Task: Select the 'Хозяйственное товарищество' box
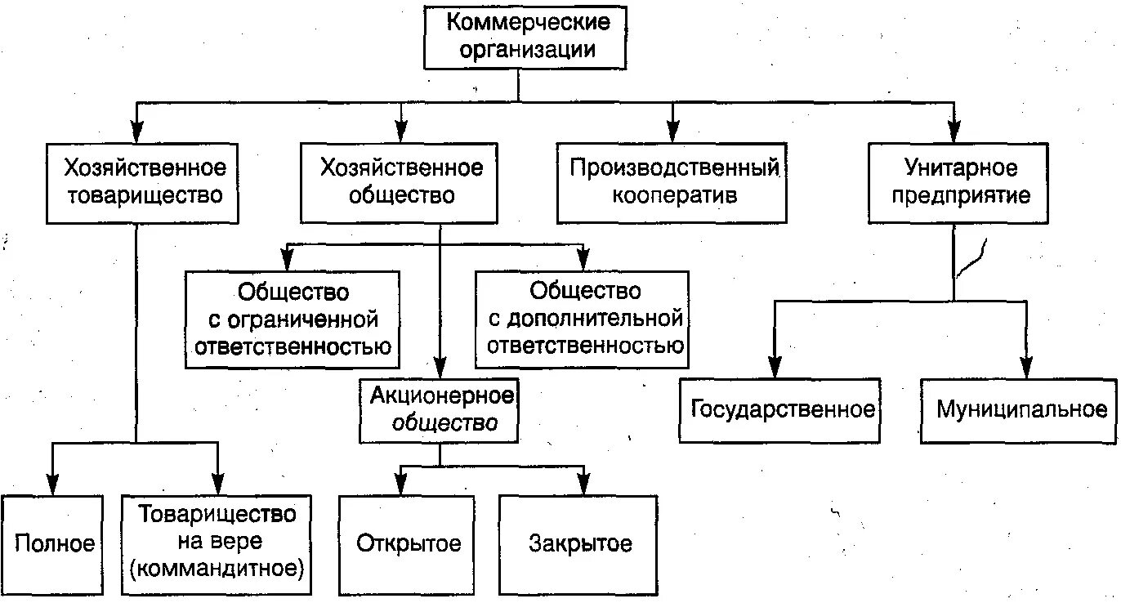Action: click(142, 182)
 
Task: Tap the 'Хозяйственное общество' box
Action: click(400, 182)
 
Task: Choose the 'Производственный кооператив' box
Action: click(672, 182)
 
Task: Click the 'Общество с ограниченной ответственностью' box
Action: click(293, 319)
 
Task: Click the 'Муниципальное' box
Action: click(1018, 409)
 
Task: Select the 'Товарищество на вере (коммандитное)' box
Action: click(217, 544)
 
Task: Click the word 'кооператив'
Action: click(675, 196)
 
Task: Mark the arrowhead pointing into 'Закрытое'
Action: click(583, 484)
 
